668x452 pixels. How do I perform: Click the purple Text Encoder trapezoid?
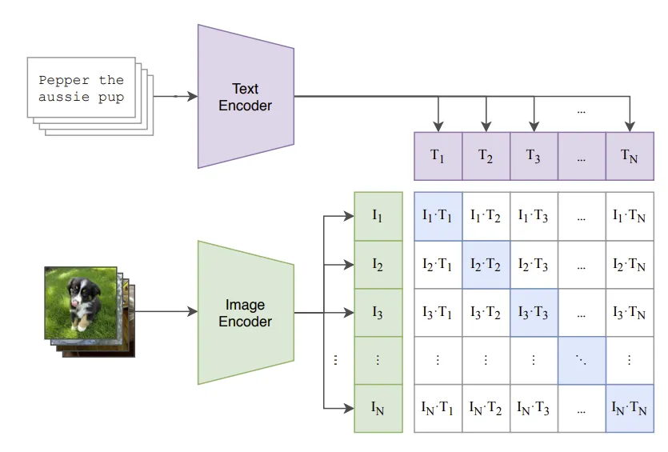(246, 97)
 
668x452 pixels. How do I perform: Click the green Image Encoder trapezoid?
(246, 313)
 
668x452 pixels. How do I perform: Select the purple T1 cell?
(438, 156)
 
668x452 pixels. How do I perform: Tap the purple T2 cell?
(486, 156)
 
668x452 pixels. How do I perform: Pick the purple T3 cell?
(534, 156)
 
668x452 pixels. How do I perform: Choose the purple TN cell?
(630, 156)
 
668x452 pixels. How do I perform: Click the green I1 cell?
(378, 216)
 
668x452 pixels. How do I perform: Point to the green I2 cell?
(378, 264)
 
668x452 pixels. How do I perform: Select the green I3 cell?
(378, 312)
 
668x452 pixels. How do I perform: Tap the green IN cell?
(378, 408)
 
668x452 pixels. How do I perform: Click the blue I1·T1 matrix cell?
(438, 216)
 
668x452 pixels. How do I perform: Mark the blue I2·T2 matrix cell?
(486, 264)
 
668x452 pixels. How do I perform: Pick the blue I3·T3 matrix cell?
(534, 312)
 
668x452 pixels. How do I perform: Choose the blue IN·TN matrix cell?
(630, 408)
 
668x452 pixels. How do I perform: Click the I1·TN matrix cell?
(630, 216)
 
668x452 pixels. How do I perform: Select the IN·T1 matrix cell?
(438, 408)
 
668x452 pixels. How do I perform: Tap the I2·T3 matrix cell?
(534, 264)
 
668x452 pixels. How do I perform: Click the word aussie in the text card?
(64, 98)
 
